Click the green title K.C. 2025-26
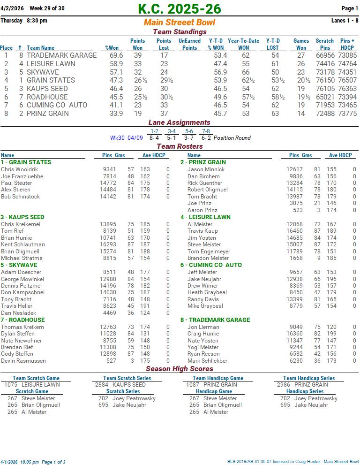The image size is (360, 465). pos(180,9)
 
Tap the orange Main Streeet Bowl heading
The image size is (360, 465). pos(180,23)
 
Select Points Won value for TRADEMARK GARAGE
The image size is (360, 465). pos(138,55)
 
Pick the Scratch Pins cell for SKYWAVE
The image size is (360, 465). pos(325,72)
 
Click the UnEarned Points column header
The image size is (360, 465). pos(189,44)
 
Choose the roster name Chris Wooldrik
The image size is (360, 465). pos(20,169)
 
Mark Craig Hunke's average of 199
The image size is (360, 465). pos(331,334)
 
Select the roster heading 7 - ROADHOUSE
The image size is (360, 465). pos(22,320)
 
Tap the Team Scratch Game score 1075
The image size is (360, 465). pos(11,385)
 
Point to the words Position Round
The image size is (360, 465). pos(232,138)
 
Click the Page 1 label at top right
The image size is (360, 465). pos(350,8)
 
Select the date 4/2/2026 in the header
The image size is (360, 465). pos(12,8)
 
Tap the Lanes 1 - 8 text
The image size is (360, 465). pos(345,20)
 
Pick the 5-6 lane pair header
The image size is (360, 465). pos(189,131)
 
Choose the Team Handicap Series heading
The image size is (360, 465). pos(309,378)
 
